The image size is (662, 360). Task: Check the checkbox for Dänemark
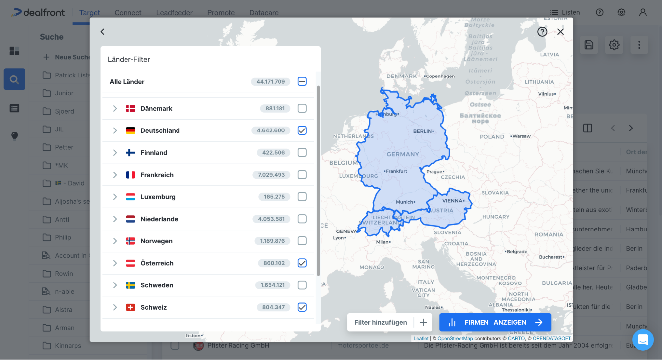click(302, 108)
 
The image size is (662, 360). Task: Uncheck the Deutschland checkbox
click(302, 130)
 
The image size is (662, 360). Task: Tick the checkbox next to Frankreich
click(302, 175)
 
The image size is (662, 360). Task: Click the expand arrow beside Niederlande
click(115, 219)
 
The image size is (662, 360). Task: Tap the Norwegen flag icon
click(130, 241)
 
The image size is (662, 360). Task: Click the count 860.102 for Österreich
click(274, 263)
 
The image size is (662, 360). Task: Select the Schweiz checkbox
click(302, 307)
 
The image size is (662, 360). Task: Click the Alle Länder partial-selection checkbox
click(302, 81)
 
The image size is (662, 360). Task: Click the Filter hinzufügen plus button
click(423, 322)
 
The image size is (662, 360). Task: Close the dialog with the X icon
click(560, 32)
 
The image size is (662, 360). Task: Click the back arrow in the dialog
click(103, 32)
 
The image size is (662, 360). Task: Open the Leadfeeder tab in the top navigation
click(174, 13)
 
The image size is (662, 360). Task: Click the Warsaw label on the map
click(521, 136)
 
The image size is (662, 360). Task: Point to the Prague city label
click(435, 172)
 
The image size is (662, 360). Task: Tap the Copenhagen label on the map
click(440, 76)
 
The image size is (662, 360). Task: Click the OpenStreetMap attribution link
click(455, 338)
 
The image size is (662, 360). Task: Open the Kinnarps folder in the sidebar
click(68, 346)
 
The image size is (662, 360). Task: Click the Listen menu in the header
click(565, 12)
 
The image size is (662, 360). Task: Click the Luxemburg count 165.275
click(274, 197)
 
